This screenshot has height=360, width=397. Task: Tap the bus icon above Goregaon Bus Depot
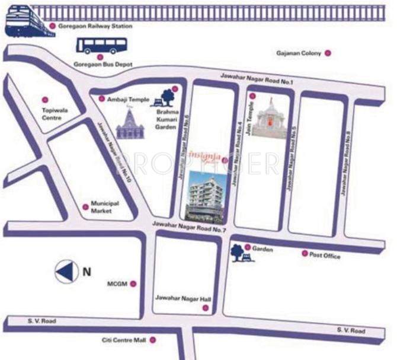103,46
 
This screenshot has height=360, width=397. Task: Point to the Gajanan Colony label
298,53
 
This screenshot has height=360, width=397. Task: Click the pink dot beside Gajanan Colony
327,53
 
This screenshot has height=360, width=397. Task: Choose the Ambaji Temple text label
127,99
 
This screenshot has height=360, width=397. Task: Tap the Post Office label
325,256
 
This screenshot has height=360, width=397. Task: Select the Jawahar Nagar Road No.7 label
189,227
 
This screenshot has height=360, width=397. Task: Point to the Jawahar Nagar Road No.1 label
257,78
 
